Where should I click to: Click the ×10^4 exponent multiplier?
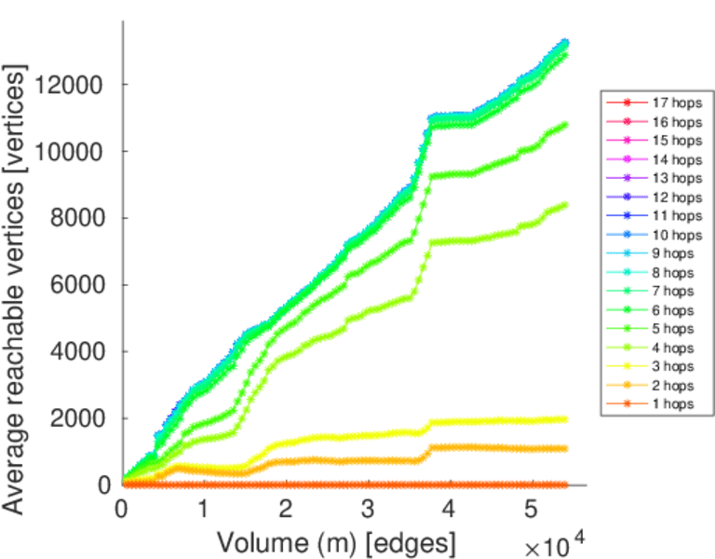[557, 545]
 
